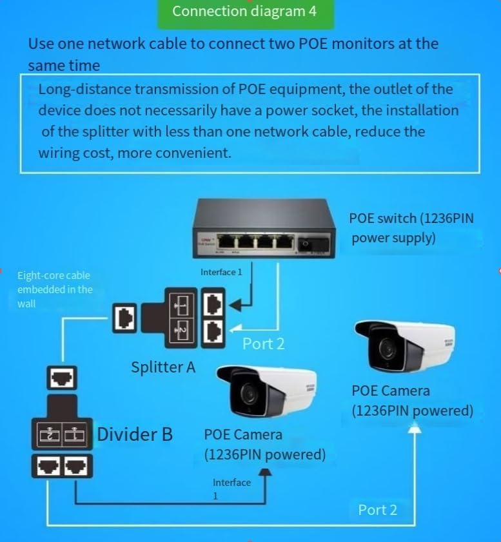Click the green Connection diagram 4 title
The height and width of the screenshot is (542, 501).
pos(245,12)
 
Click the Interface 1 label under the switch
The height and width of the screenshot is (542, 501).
pos(221,272)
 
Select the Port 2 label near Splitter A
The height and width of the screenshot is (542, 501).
pos(263,344)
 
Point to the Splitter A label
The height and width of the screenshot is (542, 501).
pos(163,367)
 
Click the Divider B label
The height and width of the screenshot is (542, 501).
pos(135,434)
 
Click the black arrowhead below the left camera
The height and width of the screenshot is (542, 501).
pos(268,472)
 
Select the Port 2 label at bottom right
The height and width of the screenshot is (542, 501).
pos(378,510)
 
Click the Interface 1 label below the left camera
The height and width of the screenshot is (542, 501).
pos(231,489)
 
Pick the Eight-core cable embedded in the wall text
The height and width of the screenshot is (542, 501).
pos(55,289)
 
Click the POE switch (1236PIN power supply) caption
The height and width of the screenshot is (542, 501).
pos(411,227)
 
